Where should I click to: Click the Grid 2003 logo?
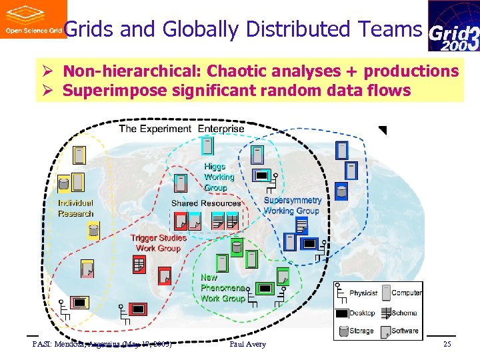click(x=453, y=26)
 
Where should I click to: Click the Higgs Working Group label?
click(x=219, y=177)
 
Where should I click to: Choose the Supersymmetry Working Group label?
click(x=292, y=205)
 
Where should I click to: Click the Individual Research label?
click(x=75, y=208)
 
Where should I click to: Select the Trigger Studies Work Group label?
click(x=158, y=243)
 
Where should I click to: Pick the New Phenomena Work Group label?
click(x=222, y=288)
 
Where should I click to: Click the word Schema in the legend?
click(x=405, y=313)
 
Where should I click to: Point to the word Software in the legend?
click(x=405, y=331)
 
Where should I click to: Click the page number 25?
click(x=447, y=344)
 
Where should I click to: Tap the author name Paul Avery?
click(x=247, y=344)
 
